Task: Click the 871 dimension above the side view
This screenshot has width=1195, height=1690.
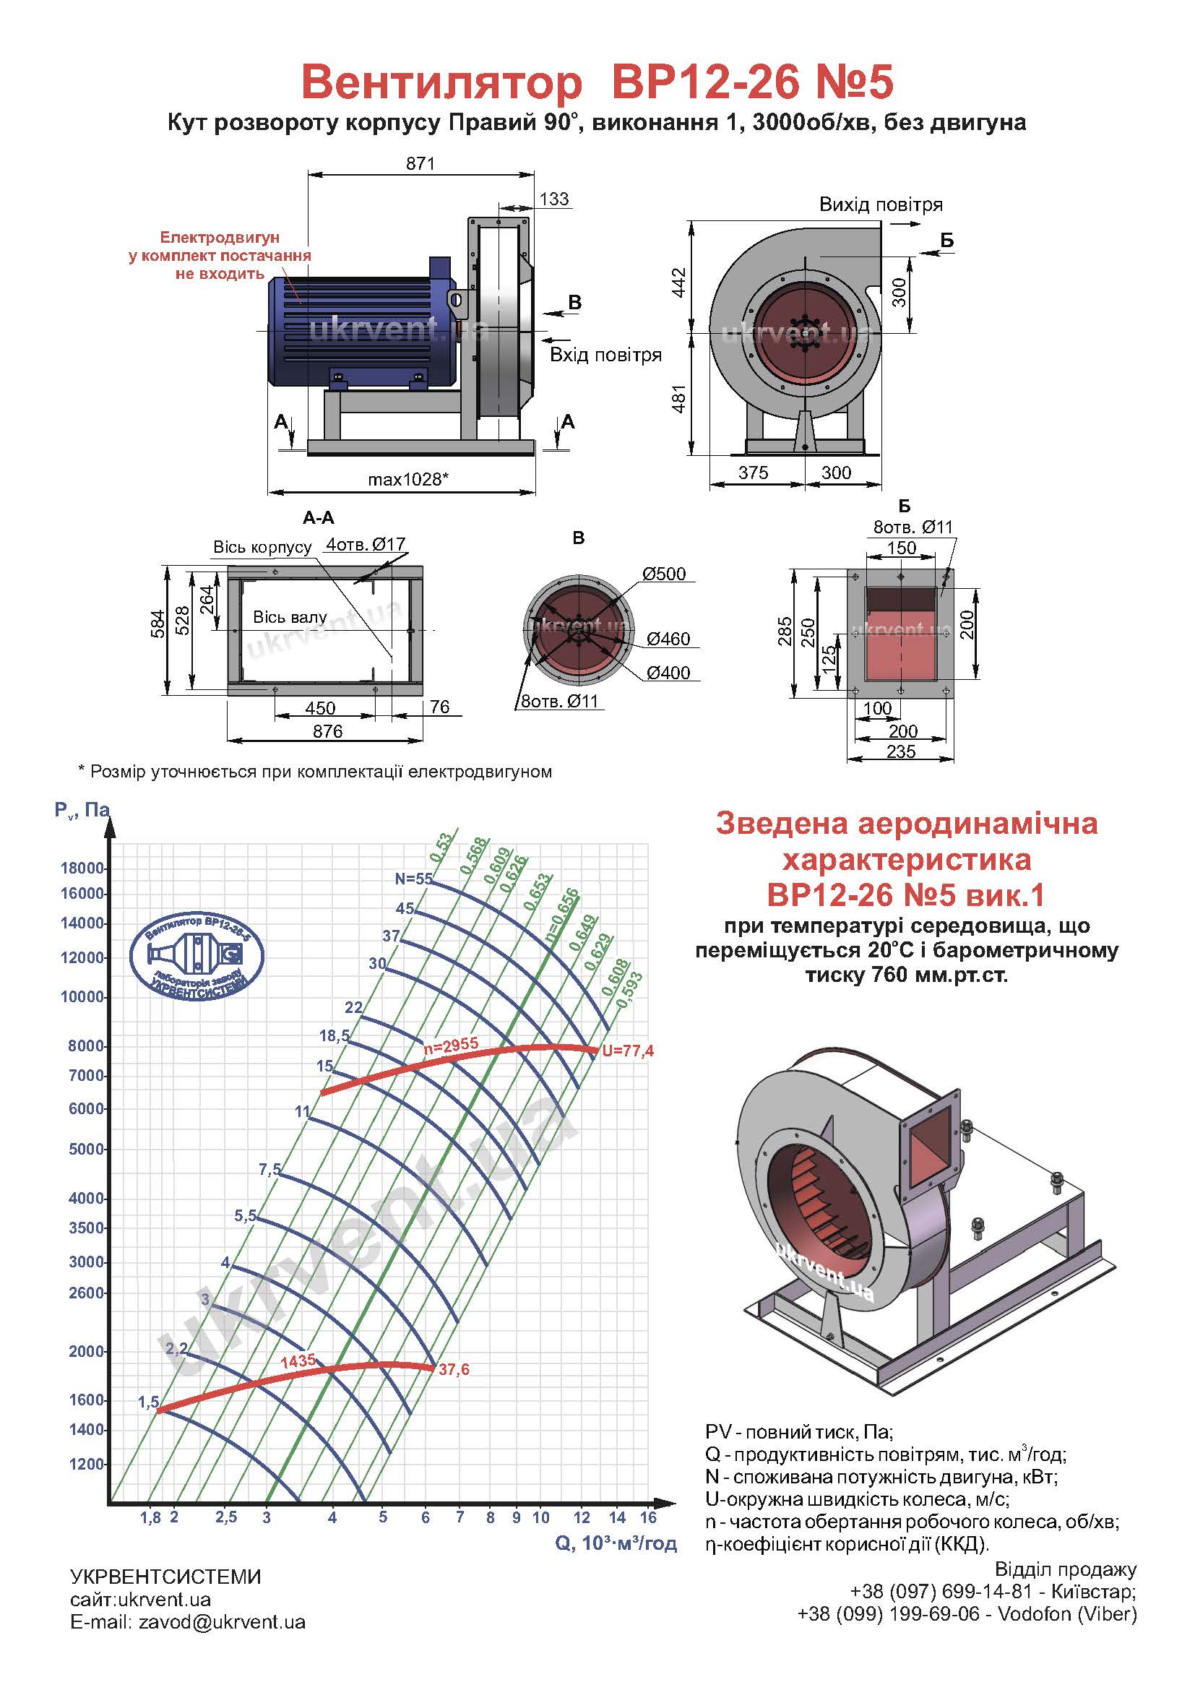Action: (x=420, y=163)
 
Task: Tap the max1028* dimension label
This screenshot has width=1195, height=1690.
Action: (x=407, y=479)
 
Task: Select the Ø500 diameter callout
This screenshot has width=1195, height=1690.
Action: (x=664, y=574)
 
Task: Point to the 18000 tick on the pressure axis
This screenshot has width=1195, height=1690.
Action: (x=82, y=868)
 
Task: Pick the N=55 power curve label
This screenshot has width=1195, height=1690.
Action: (x=413, y=878)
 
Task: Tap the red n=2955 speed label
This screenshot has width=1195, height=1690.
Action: (x=451, y=1045)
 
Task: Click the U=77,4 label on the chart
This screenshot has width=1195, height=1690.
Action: (x=628, y=1051)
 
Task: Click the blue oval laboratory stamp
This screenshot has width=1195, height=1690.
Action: (x=197, y=956)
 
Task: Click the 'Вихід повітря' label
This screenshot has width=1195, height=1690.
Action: (x=881, y=204)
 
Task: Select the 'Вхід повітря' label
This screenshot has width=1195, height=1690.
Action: (x=605, y=355)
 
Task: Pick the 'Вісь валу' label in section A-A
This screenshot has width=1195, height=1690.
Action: (x=289, y=617)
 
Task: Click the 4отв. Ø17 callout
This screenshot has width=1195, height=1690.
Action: (x=366, y=546)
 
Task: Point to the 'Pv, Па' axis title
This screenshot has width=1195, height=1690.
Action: (x=82, y=811)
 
